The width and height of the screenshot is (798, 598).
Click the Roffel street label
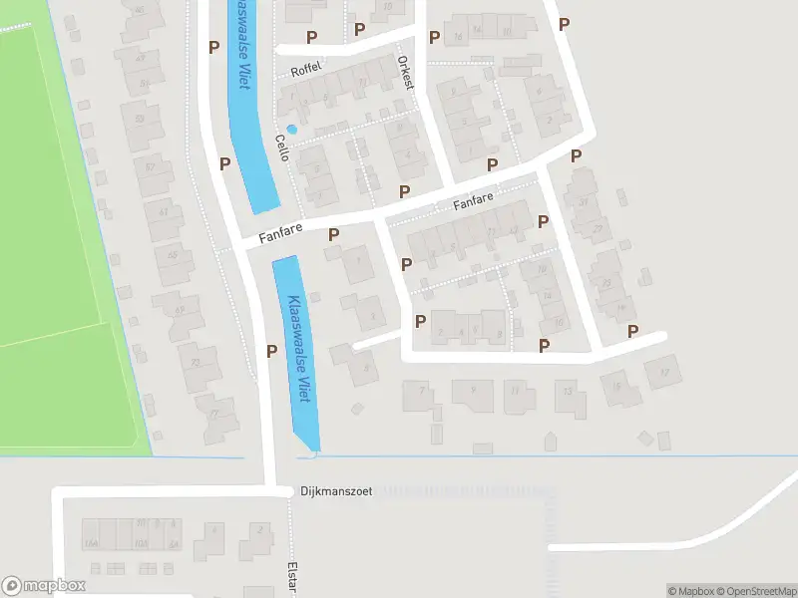(302, 71)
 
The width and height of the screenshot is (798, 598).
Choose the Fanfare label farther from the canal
(473, 202)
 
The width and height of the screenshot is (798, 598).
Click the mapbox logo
(44, 586)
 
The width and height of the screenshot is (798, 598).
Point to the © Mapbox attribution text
(691, 591)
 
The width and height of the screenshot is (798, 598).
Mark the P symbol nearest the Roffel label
(312, 37)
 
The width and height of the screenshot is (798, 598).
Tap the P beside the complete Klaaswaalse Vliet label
(271, 350)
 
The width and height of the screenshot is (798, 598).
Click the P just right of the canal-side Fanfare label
(333, 234)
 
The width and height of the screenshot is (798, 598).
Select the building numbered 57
(151, 165)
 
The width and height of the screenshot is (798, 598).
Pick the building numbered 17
(662, 373)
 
